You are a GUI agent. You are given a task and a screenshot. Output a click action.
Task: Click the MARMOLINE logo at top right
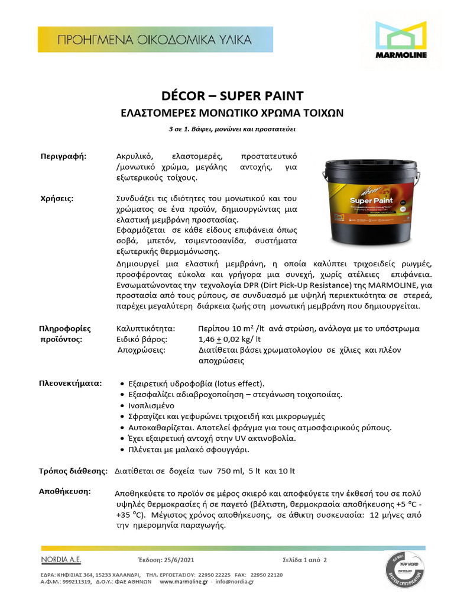click(401, 41)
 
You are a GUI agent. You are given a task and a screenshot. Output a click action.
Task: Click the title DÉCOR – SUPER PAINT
click(232, 96)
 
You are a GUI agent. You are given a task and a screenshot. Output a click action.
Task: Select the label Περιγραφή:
click(63, 156)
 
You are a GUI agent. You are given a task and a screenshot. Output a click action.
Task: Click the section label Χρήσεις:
click(57, 198)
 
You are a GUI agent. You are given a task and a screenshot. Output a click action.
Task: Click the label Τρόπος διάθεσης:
click(73, 471)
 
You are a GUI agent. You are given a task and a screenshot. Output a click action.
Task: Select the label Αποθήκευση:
click(64, 492)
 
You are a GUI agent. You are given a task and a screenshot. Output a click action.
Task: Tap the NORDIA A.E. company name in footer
click(61, 559)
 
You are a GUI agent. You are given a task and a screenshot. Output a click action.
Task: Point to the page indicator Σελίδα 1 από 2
click(304, 560)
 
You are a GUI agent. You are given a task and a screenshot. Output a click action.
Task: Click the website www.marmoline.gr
click(183, 582)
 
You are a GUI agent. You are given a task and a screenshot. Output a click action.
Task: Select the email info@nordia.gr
click(234, 582)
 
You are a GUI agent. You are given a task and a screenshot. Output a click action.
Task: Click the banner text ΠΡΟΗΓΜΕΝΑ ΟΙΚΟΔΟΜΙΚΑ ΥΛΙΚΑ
click(154, 40)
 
